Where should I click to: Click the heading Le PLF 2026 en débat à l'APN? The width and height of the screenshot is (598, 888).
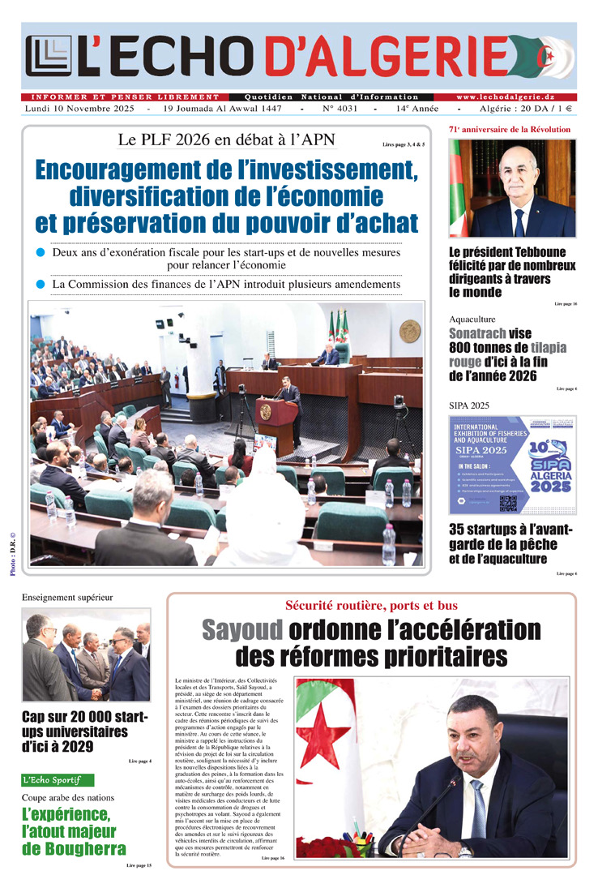pyautogui.click(x=226, y=139)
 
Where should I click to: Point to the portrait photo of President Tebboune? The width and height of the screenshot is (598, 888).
pyautogui.click(x=512, y=188)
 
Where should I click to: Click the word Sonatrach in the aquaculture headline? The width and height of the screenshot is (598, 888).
pyautogui.click(x=478, y=333)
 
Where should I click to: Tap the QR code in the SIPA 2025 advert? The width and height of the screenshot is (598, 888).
pyautogui.click(x=508, y=503)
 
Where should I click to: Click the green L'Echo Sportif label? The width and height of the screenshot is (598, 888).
pyautogui.click(x=58, y=780)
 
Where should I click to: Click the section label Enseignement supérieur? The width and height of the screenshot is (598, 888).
pyautogui.click(x=67, y=598)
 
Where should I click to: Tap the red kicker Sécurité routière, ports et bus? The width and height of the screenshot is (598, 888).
pyautogui.click(x=371, y=606)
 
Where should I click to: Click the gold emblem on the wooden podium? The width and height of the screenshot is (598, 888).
pyautogui.click(x=265, y=411)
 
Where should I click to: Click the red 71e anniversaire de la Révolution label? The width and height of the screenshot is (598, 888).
pyautogui.click(x=510, y=130)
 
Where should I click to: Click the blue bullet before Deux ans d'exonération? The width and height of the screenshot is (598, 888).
pyautogui.click(x=40, y=253)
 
